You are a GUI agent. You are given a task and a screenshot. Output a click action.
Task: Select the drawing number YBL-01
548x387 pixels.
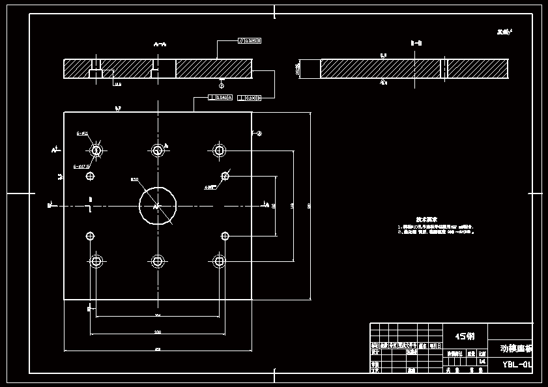(516, 364)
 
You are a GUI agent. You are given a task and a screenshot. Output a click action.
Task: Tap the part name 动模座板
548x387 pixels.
(515, 349)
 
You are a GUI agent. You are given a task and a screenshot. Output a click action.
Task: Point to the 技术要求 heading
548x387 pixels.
(427, 220)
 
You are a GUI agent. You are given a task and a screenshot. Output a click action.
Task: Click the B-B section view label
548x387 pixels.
(416, 43)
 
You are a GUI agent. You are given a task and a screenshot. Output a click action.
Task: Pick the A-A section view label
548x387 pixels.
(160, 44)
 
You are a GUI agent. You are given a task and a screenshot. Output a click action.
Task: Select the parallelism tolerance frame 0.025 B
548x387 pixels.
(248, 41)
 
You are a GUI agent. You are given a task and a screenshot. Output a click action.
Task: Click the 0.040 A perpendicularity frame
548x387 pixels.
(220, 98)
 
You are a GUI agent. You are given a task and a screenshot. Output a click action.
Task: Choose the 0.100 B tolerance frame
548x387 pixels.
(250, 98)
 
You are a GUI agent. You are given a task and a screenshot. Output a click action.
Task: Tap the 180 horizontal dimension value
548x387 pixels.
(158, 332)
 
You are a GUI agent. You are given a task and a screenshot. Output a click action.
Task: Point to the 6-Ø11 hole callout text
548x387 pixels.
(82, 133)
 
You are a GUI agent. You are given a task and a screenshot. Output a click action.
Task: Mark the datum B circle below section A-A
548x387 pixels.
(222, 85)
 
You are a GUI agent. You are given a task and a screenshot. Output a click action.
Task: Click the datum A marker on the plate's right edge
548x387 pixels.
(259, 133)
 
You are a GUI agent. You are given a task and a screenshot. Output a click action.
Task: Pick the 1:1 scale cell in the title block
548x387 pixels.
(482, 360)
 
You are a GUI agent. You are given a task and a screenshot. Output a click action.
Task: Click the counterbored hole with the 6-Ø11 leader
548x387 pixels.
(96, 150)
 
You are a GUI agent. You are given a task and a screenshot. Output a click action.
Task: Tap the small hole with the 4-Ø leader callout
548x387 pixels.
(225, 175)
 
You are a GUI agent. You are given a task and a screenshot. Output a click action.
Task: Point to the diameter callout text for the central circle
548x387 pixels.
(135, 179)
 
